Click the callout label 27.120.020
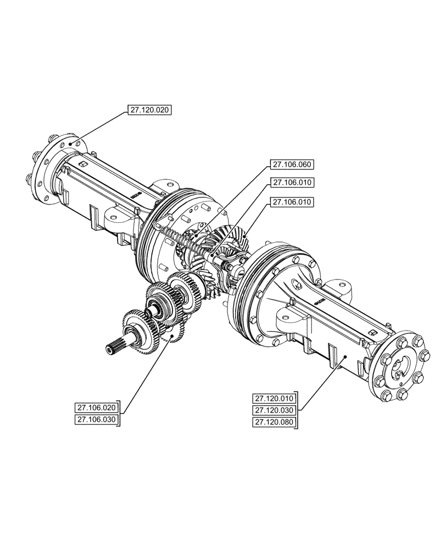coord(150,110)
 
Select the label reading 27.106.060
coord(292,164)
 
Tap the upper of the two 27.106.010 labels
coord(292,182)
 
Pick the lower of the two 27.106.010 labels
coord(292,202)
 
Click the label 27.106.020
coord(97,408)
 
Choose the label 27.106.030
coord(97,420)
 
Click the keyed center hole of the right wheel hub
coord(400,367)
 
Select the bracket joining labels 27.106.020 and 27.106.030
coord(121,414)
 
